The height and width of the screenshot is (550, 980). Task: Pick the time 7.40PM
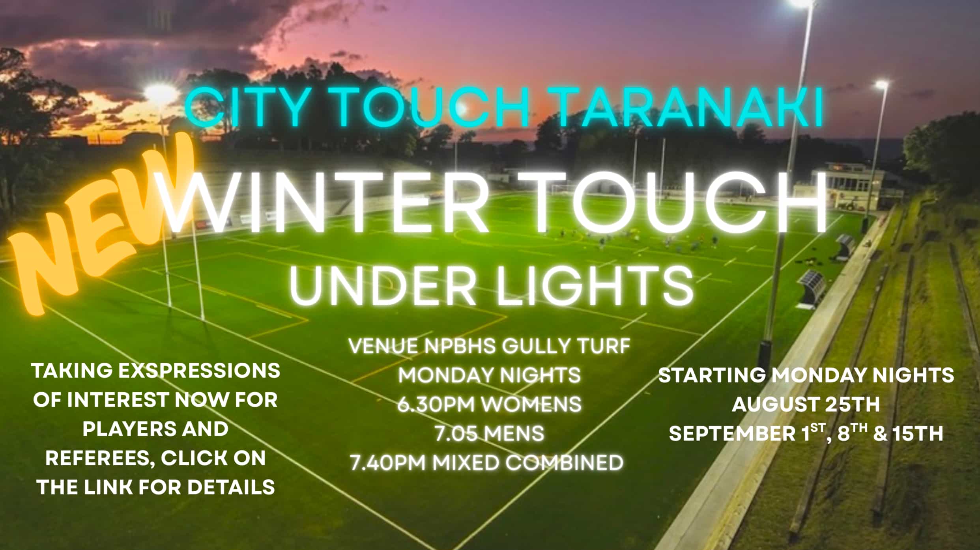coord(388,463)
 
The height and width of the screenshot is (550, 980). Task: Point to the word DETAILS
coord(231,488)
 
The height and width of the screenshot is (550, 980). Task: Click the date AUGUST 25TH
coord(806,405)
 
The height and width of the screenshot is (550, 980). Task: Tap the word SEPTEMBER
coord(732,434)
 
